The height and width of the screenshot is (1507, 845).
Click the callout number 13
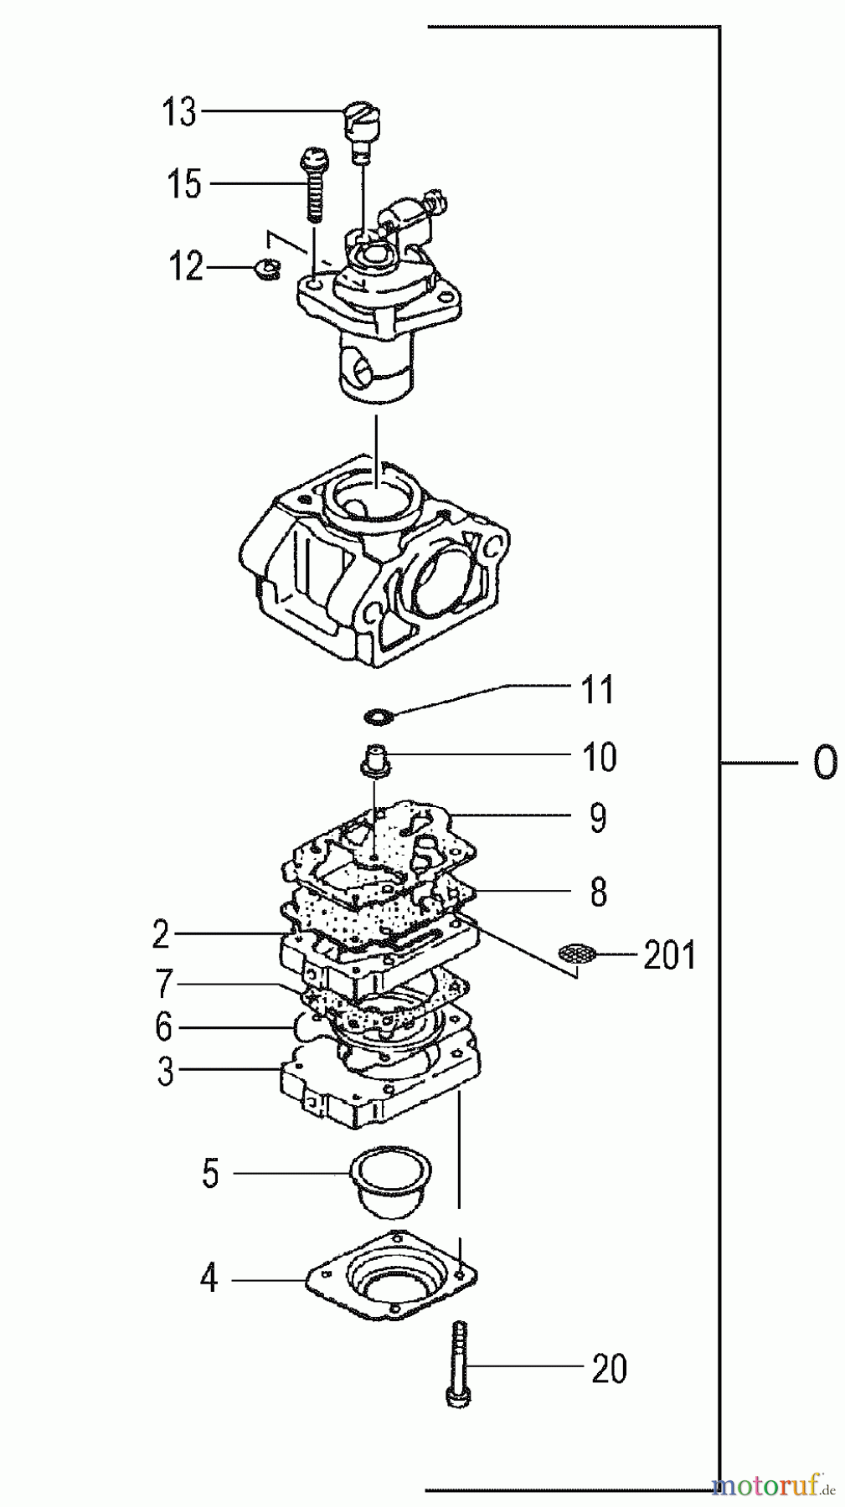[x=178, y=111]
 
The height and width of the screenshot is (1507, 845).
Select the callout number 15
[x=183, y=184]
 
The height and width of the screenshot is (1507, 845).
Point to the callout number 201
[x=669, y=954]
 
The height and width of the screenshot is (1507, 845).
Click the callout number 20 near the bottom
[x=608, y=1370]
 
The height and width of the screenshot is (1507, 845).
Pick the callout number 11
[x=598, y=691]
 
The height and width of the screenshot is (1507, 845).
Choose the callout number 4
[x=209, y=1279]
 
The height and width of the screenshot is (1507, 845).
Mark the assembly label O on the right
[x=824, y=764]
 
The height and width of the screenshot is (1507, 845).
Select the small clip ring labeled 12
[x=265, y=269]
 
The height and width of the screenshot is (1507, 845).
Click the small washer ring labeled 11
[x=379, y=716]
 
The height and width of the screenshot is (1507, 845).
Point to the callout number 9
[x=597, y=818]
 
